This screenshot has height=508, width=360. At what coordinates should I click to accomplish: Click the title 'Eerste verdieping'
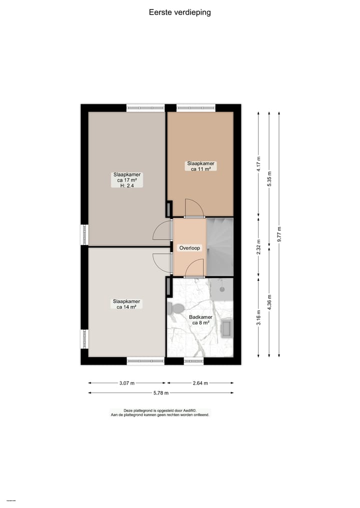click(179, 12)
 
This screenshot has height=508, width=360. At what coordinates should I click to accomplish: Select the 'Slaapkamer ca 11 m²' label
click(200, 166)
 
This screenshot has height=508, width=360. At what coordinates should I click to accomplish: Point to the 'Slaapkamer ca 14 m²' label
click(127, 304)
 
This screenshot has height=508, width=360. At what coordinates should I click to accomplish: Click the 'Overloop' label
click(189, 248)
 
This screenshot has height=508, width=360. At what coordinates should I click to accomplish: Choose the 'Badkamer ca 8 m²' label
click(200, 320)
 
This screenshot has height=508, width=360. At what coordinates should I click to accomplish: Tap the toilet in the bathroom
click(175, 308)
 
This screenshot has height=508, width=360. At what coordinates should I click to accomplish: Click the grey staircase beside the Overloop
click(219, 247)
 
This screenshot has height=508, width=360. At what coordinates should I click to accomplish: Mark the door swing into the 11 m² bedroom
click(194, 208)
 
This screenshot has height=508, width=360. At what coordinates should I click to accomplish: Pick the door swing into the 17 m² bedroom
click(162, 231)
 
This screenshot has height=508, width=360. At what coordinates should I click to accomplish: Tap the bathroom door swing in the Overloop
click(194, 270)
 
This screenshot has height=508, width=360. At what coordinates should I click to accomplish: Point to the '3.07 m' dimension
click(127, 383)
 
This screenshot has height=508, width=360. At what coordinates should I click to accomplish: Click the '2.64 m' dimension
click(200, 383)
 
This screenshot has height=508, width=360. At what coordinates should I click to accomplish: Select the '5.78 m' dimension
click(161, 393)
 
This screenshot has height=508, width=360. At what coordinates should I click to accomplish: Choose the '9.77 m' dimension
click(279, 234)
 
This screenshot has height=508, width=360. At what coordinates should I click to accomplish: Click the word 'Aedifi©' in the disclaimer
click(193, 411)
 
